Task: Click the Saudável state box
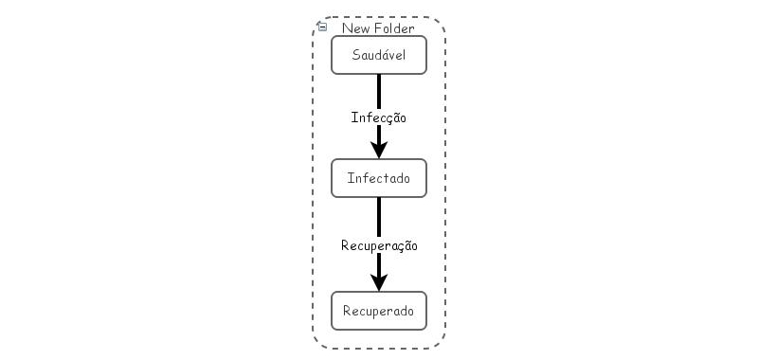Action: pos(379,55)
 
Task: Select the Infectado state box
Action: pos(379,178)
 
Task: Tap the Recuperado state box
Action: pos(379,311)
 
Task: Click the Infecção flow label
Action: pos(379,118)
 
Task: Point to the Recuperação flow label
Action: pos(379,245)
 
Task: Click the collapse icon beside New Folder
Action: pos(322,27)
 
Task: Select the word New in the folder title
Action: pos(355,28)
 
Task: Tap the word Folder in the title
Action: pos(394,28)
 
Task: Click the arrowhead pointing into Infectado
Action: pos(379,150)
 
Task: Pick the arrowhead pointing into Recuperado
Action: pos(379,282)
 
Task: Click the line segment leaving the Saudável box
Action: pos(379,90)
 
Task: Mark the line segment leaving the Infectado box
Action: pos(379,216)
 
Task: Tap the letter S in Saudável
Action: pos(355,55)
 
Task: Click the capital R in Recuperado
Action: pos(347,311)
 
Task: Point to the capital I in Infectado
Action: pos(350,178)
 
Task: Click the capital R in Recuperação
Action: pos(345,245)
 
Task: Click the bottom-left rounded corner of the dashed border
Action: pos(319,342)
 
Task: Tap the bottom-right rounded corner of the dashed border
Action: pos(439,342)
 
